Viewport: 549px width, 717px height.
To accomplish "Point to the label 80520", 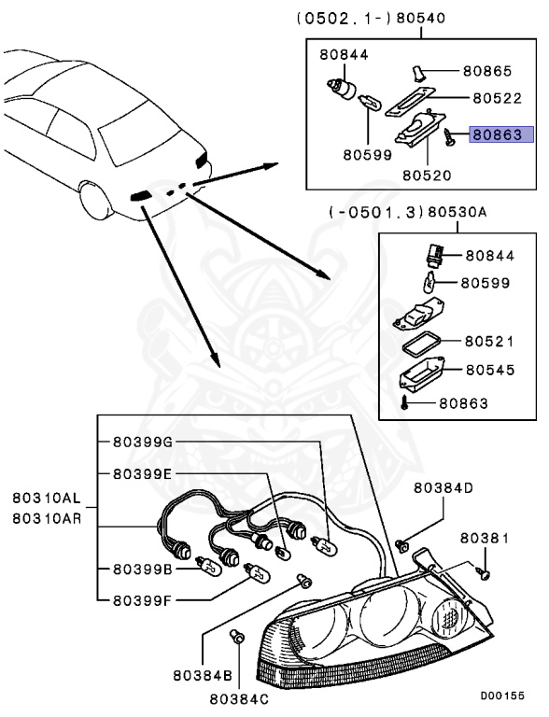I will point(428,175).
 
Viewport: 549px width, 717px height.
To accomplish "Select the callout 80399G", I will point(142,442).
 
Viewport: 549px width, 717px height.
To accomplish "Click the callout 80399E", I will point(142,474).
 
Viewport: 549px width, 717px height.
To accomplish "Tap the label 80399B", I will point(142,569).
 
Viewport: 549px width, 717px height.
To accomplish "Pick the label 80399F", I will point(142,599).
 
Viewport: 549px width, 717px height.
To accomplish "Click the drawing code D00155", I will point(503,696).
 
